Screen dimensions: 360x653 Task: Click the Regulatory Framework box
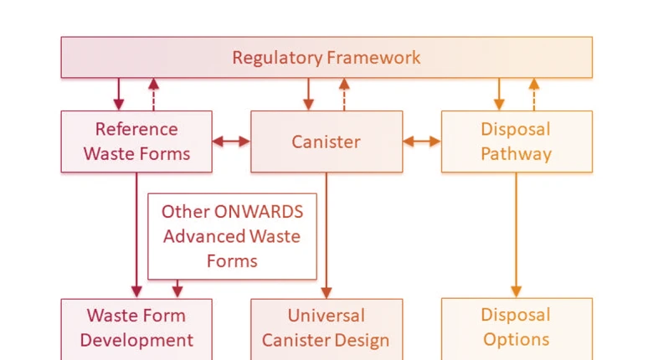(x=326, y=58)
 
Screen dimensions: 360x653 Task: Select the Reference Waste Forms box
(x=136, y=141)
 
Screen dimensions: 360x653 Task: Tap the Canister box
(x=326, y=141)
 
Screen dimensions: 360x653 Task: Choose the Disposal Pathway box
(x=517, y=141)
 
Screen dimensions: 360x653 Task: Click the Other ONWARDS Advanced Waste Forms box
(x=232, y=236)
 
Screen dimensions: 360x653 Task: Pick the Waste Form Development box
(x=136, y=328)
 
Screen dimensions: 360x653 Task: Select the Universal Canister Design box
(x=326, y=328)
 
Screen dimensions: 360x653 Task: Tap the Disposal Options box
(x=517, y=328)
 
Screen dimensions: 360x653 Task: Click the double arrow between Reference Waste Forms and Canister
(x=232, y=141)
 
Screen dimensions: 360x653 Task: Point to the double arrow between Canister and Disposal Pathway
(x=422, y=141)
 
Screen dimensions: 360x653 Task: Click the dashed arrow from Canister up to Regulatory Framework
(x=344, y=95)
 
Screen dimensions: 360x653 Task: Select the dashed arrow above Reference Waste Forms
(x=153, y=95)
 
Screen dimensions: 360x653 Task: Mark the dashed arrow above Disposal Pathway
(x=534, y=95)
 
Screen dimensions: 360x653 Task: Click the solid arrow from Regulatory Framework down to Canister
(x=309, y=95)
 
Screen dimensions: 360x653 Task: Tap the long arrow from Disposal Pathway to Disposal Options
(x=517, y=234)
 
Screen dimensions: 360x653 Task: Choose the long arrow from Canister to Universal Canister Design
(x=326, y=234)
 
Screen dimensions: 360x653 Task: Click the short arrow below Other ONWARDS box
(x=177, y=289)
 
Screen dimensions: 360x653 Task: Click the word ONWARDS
(x=256, y=211)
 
